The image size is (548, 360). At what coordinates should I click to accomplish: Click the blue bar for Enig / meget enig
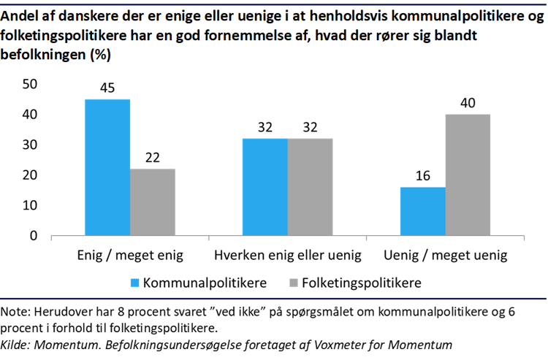[107, 167]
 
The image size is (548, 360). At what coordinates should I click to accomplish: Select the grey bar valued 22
[153, 202]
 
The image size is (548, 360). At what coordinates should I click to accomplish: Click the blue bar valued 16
[423, 212]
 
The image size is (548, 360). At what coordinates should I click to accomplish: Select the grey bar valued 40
[468, 175]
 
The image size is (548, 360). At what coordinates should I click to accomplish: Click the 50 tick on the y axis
[30, 85]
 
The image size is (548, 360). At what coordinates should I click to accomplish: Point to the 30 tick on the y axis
[30, 145]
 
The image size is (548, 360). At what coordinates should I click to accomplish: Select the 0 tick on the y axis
[34, 237]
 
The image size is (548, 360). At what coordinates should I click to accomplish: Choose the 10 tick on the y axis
[30, 206]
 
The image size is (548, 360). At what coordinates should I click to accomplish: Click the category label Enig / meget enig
[130, 256]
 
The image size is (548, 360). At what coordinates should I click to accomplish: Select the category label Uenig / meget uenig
[445, 256]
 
